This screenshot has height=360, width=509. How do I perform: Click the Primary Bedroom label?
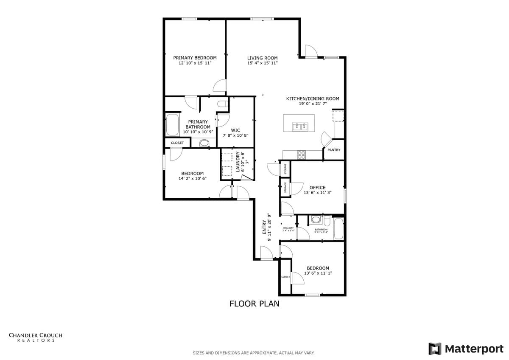195,58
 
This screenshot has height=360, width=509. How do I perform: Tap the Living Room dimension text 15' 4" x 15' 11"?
262,63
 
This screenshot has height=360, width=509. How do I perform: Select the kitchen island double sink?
300,127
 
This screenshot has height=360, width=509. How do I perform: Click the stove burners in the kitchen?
302,155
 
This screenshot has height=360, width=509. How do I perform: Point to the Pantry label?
334,150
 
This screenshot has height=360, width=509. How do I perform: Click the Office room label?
317,187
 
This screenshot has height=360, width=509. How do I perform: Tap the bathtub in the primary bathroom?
173,125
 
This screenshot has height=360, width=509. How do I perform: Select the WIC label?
235,130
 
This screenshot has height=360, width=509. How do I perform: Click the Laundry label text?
238,162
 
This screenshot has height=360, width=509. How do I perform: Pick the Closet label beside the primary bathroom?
177,143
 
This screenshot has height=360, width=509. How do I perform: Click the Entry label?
264,227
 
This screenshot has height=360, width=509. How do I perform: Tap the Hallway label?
288,228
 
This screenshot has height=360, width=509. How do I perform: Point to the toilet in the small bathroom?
316,220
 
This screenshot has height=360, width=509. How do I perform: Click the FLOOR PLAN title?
254,304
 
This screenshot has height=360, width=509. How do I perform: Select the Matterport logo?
465,349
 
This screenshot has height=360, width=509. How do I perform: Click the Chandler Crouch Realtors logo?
36,337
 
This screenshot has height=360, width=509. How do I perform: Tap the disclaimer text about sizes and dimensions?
254,353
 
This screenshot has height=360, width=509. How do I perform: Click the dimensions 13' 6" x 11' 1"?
318,273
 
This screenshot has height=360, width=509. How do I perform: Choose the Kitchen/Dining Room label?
313,98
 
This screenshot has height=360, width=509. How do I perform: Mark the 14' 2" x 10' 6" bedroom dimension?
192,179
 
